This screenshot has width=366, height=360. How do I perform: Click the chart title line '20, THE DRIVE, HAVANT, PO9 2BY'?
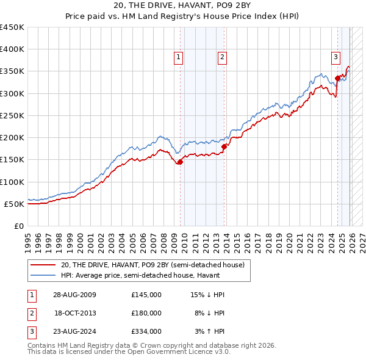(182, 5)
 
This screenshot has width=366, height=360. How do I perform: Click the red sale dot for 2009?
(180, 162)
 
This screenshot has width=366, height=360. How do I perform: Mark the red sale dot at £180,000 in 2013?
(224, 146)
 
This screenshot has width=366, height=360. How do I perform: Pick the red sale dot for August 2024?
(337, 78)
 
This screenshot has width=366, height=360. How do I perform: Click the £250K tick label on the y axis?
(12, 115)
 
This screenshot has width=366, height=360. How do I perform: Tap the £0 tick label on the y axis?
(18, 226)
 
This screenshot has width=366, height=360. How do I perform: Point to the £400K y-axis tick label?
(12, 49)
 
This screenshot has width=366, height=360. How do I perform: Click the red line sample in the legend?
(44, 265)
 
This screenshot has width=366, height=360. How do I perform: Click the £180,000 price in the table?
(146, 313)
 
